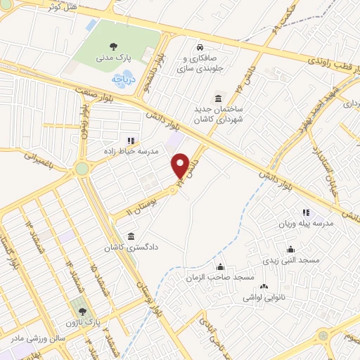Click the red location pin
coord(181,165)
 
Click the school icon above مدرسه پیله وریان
coord(306,212)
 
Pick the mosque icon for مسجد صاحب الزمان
coord(221,267)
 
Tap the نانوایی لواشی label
coord(264,298)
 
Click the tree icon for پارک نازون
coord(82,310)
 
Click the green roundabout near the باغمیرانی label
coord(82,168)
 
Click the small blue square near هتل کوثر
coord(90,25)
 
